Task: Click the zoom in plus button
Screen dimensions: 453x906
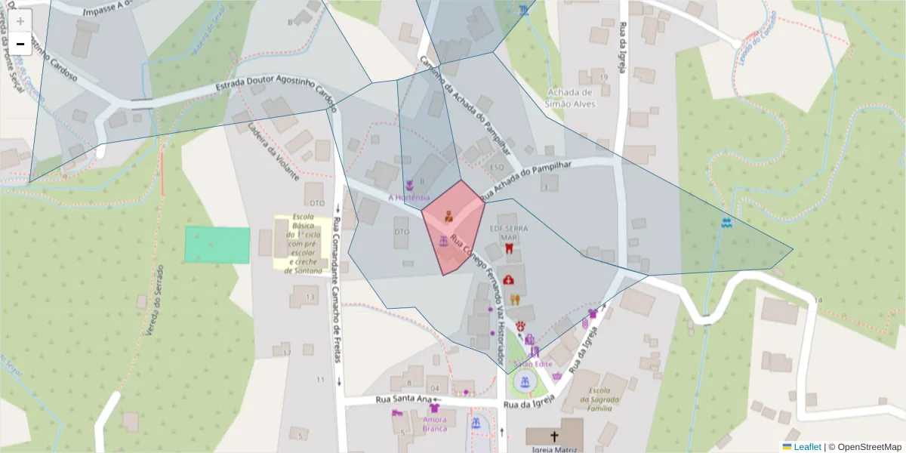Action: tap(20, 20)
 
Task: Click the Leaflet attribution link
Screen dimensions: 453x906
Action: tap(807, 447)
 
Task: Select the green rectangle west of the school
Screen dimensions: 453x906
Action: tap(217, 245)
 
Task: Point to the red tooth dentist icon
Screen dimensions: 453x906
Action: tap(509, 248)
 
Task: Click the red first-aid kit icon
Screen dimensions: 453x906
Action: tap(509, 279)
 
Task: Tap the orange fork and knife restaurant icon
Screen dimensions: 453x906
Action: tap(515, 299)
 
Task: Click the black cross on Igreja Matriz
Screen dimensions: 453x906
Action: tap(555, 436)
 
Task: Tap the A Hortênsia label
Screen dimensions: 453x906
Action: tap(408, 198)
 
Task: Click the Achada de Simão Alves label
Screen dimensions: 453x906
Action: tap(570, 97)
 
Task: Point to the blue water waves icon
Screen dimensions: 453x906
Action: tap(726, 223)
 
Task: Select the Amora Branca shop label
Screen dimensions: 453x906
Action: tap(435, 424)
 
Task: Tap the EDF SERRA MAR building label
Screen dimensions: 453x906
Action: tap(509, 232)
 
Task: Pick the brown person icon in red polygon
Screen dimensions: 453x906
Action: tap(448, 214)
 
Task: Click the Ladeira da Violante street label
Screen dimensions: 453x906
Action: tap(273, 151)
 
